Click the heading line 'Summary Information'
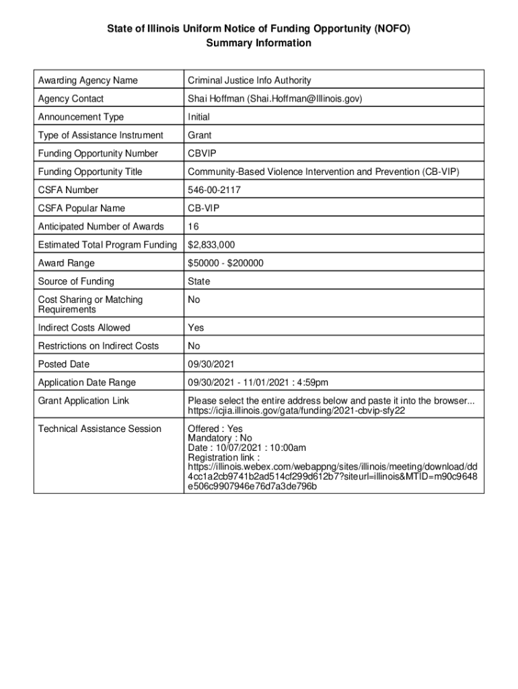259,43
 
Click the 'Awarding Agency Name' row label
87,81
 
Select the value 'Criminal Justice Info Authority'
249,81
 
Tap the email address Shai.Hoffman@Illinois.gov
305,99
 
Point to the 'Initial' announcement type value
198,117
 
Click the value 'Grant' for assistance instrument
199,135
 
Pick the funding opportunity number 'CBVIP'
202,153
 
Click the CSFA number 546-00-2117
214,190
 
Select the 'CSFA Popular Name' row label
81,209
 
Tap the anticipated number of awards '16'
193,227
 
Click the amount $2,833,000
211,245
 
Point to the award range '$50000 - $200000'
225,263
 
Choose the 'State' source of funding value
198,281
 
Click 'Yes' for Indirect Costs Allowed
196,328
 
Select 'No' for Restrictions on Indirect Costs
194,346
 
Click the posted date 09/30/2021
211,364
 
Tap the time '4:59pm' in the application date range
312,383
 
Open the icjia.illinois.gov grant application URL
296,410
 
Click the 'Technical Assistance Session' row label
100,429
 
